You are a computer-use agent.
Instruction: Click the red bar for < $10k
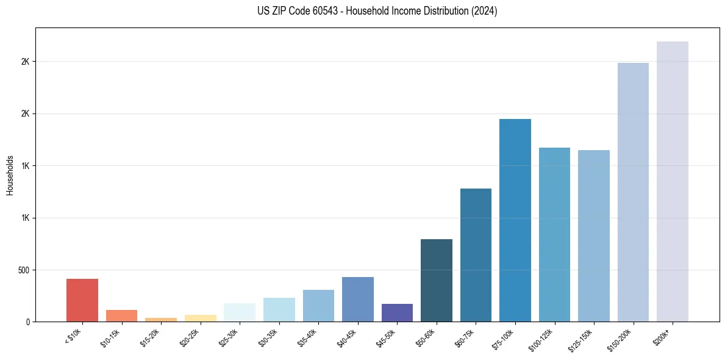[x=82, y=300]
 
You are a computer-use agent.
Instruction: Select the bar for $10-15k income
[x=121, y=315]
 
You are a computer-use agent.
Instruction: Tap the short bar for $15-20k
[x=161, y=319]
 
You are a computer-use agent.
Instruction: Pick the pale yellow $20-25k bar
[x=200, y=318]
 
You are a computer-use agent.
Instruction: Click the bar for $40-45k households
[x=357, y=299]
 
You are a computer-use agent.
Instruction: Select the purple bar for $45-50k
[x=397, y=312]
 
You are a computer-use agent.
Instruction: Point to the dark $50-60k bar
[x=436, y=280]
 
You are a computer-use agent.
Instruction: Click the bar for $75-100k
[x=515, y=220]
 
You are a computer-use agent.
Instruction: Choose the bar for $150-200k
[x=633, y=192]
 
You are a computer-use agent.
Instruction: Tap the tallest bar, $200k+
[x=672, y=181]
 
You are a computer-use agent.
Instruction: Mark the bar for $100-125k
[x=554, y=234]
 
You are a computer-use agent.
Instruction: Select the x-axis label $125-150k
[x=582, y=339]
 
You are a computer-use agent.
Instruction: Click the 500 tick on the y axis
[x=24, y=270]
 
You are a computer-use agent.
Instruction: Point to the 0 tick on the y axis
[x=28, y=322]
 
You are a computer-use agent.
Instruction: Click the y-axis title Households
[x=10, y=175]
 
